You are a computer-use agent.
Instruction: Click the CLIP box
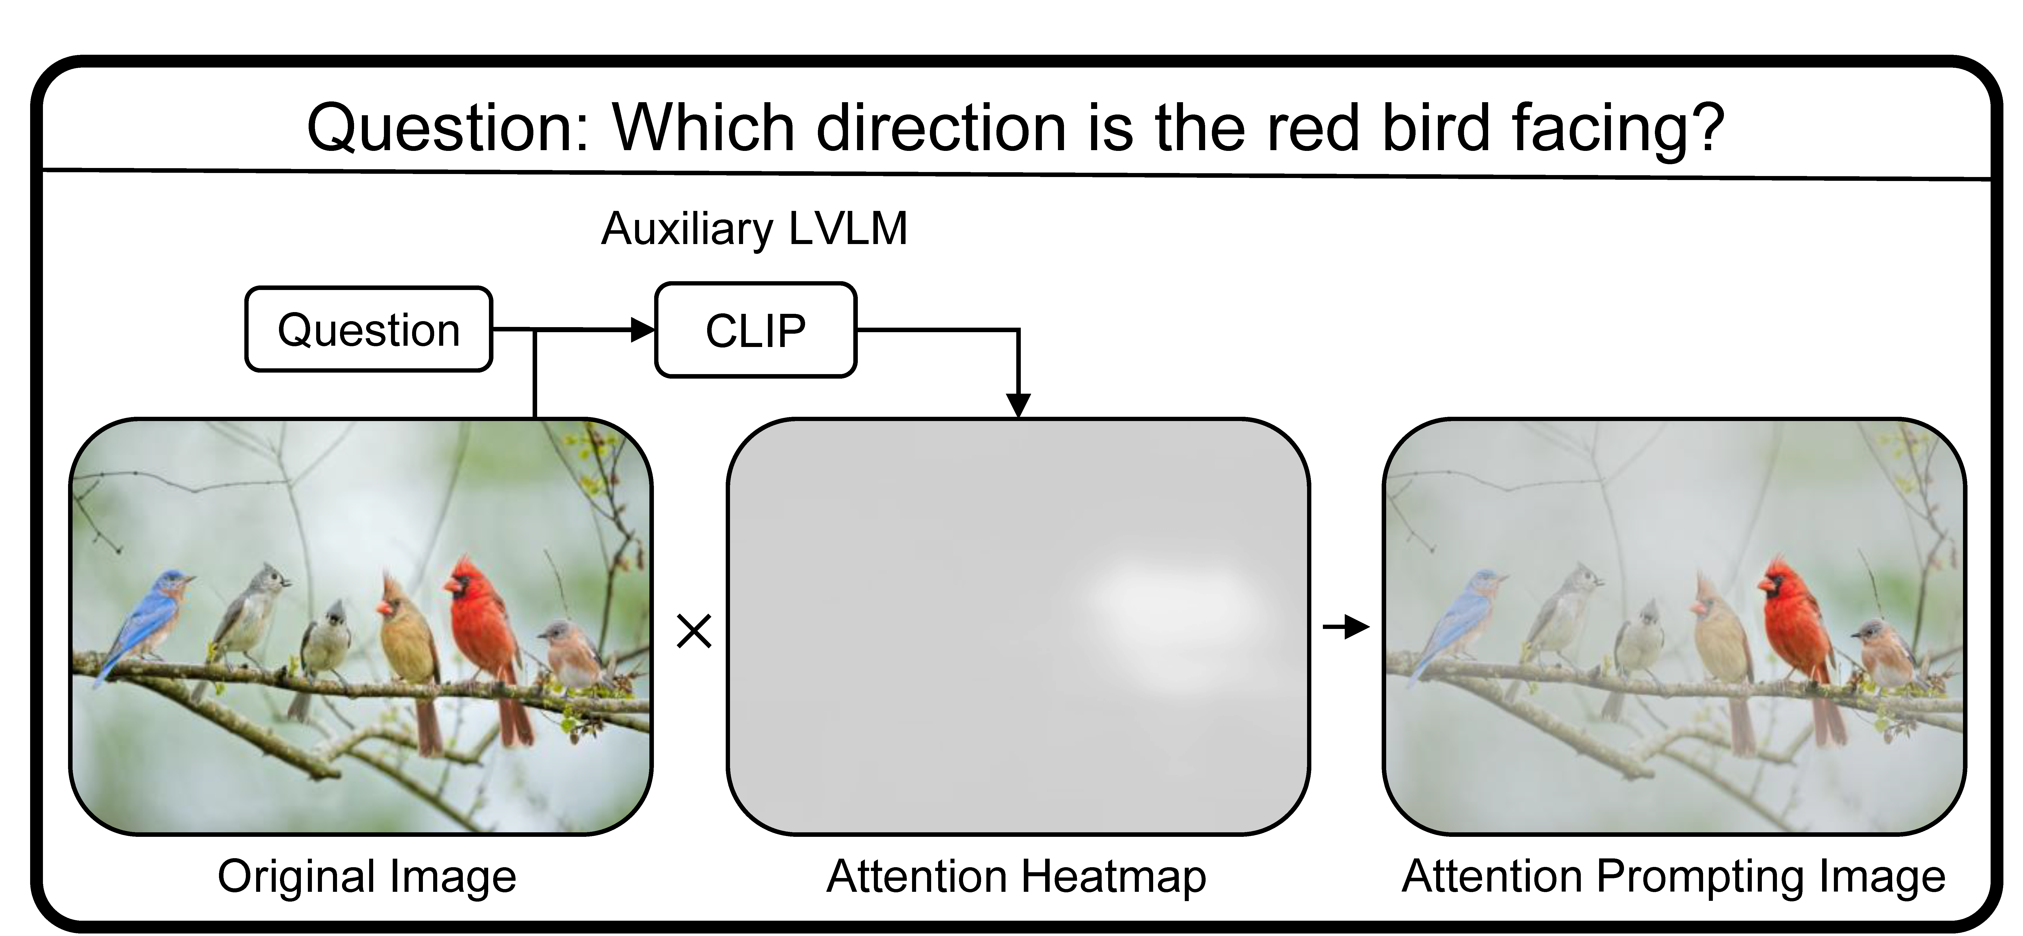(755, 330)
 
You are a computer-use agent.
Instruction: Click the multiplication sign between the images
(694, 631)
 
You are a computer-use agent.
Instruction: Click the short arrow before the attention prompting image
(1346, 627)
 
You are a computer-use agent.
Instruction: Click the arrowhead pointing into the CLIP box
(642, 330)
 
